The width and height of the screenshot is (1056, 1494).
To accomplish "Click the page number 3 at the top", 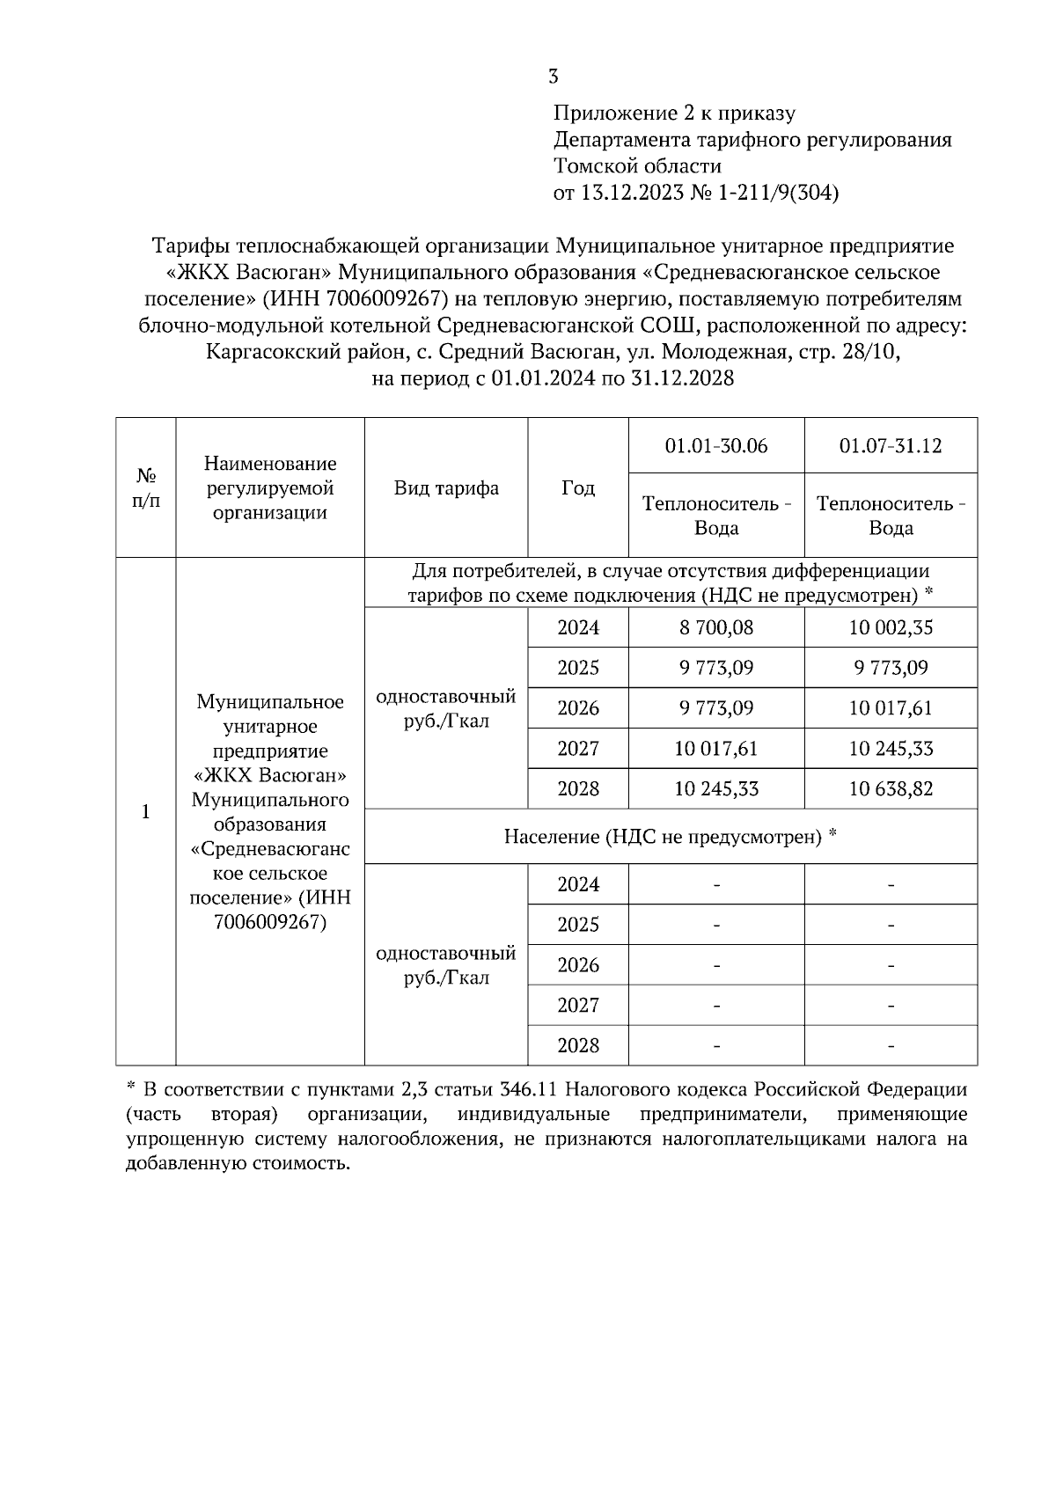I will pos(554,77).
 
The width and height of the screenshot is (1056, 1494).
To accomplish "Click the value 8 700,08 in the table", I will pos(716,627).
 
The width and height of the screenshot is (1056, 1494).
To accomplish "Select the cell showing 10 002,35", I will pos(891,627).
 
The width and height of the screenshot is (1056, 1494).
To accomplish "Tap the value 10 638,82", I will pos(891,788).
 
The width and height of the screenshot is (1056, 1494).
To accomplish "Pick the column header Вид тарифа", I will pos(446,488).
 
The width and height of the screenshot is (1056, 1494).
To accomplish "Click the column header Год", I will pos(578,488).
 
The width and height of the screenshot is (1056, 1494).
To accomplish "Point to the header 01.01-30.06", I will pos(716,446).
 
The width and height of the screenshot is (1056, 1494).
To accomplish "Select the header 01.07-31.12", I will pos(891,446).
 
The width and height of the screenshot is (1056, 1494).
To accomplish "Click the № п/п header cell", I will pos(146,488).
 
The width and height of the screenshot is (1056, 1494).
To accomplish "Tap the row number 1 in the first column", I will pos(146,811).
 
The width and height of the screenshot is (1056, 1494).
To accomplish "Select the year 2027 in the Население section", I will pos(578,1005).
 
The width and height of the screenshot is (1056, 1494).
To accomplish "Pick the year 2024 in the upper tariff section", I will pos(578,627).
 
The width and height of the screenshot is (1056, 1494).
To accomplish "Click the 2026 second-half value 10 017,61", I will pos(891,708).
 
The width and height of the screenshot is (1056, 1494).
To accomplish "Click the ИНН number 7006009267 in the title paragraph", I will pos(382,299).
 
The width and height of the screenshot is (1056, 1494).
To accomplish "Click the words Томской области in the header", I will pos(637,166).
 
